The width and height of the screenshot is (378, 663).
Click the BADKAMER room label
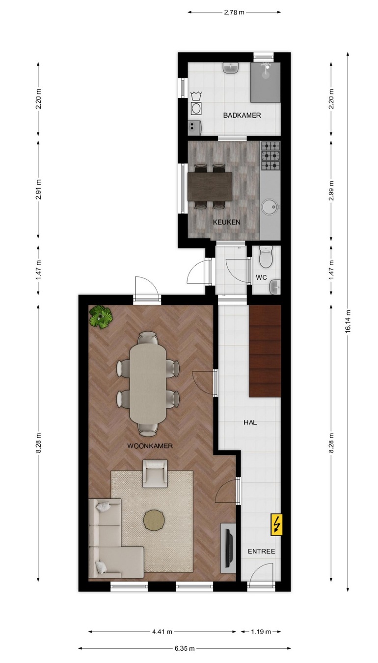[242, 116]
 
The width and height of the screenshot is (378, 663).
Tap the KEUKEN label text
[226, 222]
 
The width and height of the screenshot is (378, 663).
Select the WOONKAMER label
[150, 446]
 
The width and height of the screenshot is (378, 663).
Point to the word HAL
[250, 422]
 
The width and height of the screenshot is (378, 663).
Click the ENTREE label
[262, 551]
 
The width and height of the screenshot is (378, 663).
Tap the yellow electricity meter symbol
[276, 525]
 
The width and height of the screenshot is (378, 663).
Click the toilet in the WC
[266, 256]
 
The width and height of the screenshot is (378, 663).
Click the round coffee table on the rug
[154, 520]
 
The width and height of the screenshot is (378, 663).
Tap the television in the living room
[229, 544]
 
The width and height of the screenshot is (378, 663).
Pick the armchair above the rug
[155, 473]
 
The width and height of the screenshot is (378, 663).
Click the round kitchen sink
[270, 206]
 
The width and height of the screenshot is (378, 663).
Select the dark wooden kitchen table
[210, 187]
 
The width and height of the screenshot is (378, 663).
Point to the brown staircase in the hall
[265, 351]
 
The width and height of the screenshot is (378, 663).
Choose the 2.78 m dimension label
[234, 12]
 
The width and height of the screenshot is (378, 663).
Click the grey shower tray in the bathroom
[266, 82]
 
